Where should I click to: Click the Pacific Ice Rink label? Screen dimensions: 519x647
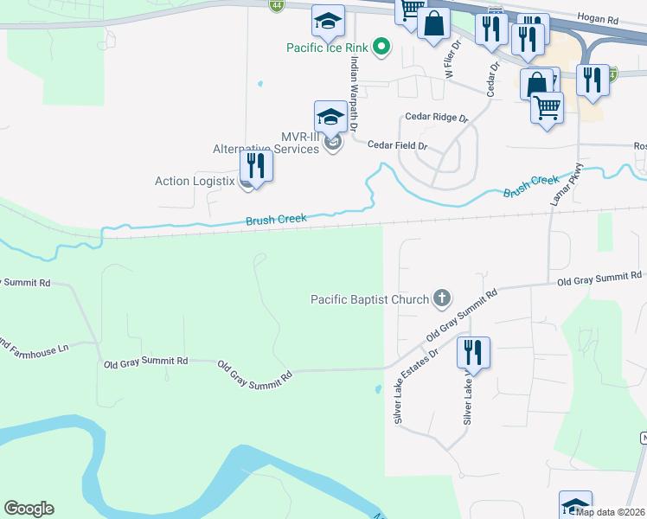tap(329, 48)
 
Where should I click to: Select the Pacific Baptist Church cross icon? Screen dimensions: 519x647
tap(441, 299)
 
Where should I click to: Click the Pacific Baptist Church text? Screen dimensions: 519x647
tap(369, 299)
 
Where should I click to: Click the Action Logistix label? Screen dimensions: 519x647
tap(195, 181)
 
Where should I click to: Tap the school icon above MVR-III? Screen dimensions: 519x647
tap(330, 116)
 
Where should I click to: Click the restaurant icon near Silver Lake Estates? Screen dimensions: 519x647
tap(473, 351)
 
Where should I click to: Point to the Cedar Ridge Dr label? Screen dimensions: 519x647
tap(436, 118)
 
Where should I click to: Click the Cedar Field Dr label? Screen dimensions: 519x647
tap(398, 145)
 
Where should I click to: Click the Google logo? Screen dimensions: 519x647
tap(29, 509)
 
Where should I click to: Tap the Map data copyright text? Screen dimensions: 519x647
tap(611, 512)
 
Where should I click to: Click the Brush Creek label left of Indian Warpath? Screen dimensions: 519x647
tap(276, 220)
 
